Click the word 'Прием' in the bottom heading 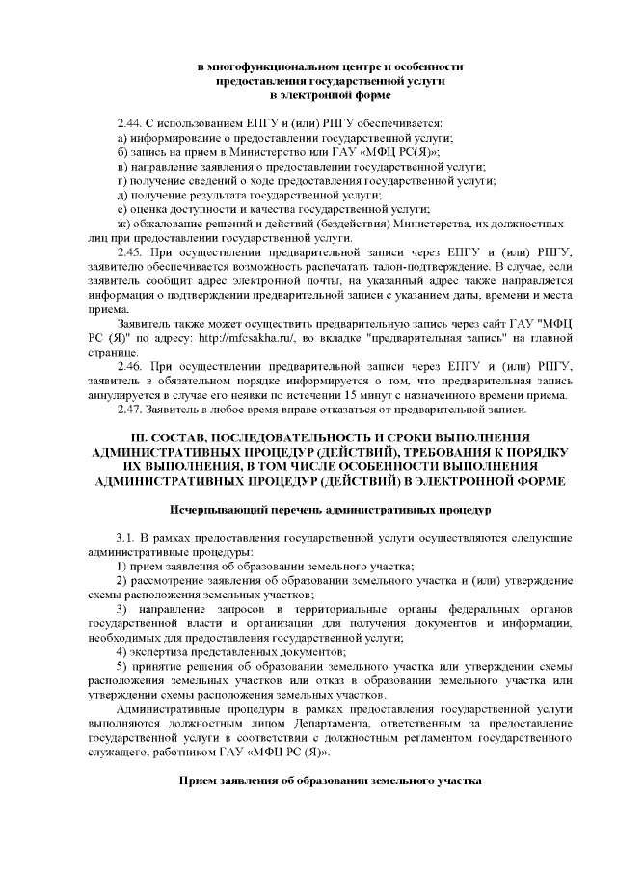click(201, 780)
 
